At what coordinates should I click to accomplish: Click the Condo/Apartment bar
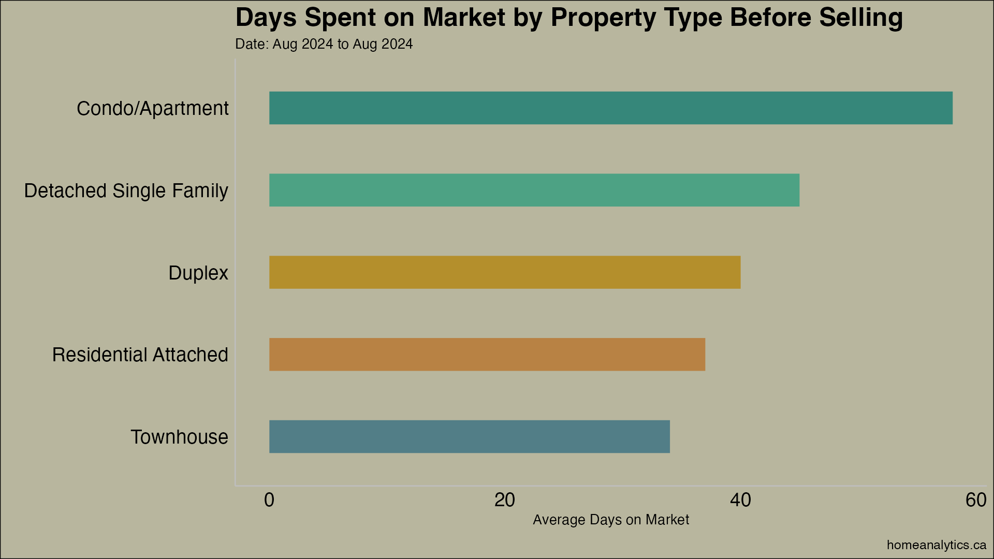[x=610, y=108]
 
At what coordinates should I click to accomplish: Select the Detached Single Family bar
[x=534, y=190]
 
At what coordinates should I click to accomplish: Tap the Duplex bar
[x=504, y=272]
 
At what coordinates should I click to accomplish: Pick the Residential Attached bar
[x=487, y=355]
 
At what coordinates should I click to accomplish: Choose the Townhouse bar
[x=469, y=436]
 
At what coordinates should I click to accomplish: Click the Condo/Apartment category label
[x=152, y=109]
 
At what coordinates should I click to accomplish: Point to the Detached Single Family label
[x=126, y=191]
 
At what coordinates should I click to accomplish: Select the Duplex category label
[x=198, y=273]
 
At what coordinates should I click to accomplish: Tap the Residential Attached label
[x=140, y=355]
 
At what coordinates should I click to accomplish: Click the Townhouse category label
[x=179, y=437]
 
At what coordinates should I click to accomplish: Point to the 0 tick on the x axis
[x=269, y=500]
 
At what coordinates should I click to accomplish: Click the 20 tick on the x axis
[x=505, y=500]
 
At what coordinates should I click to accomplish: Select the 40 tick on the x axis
[x=740, y=500]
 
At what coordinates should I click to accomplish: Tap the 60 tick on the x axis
[x=976, y=500]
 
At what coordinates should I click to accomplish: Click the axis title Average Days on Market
[x=610, y=520]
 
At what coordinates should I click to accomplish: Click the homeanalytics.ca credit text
[x=936, y=545]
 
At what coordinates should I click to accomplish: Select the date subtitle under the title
[x=324, y=44]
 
